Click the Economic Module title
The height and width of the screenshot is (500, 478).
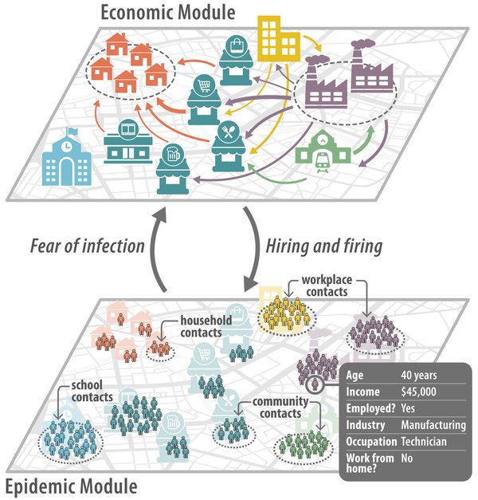[168, 13]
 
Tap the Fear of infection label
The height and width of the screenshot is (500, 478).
[88, 246]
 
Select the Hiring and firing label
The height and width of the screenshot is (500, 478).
[324, 246]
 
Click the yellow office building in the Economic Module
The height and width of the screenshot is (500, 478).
[278, 39]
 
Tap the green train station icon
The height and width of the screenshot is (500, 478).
[323, 152]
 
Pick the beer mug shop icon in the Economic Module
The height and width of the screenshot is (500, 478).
[173, 168]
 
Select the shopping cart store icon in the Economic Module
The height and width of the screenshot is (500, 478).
[204, 100]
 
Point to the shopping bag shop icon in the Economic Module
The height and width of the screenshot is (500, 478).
[236, 61]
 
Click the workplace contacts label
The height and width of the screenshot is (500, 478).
[327, 285]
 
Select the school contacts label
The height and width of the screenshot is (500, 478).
[92, 391]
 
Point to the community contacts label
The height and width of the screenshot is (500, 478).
[280, 407]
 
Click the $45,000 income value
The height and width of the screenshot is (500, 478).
[418, 392]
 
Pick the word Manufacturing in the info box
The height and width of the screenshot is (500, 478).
[433, 425]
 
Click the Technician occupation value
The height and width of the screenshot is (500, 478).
[424, 441]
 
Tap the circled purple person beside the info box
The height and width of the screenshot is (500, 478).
[315, 384]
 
